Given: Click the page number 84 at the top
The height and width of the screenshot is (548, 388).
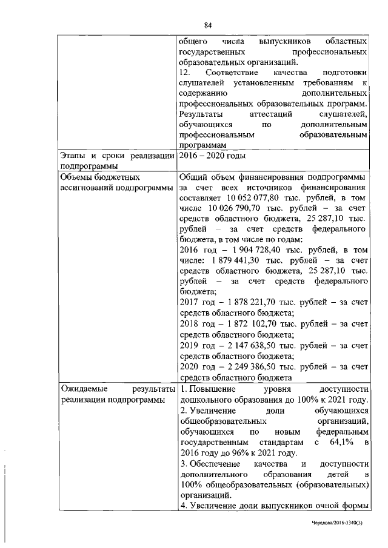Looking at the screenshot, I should (x=207, y=25).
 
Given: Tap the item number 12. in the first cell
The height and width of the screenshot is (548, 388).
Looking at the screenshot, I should (x=186, y=71).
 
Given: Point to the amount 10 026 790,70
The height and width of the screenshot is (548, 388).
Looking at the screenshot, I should (x=234, y=208).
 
